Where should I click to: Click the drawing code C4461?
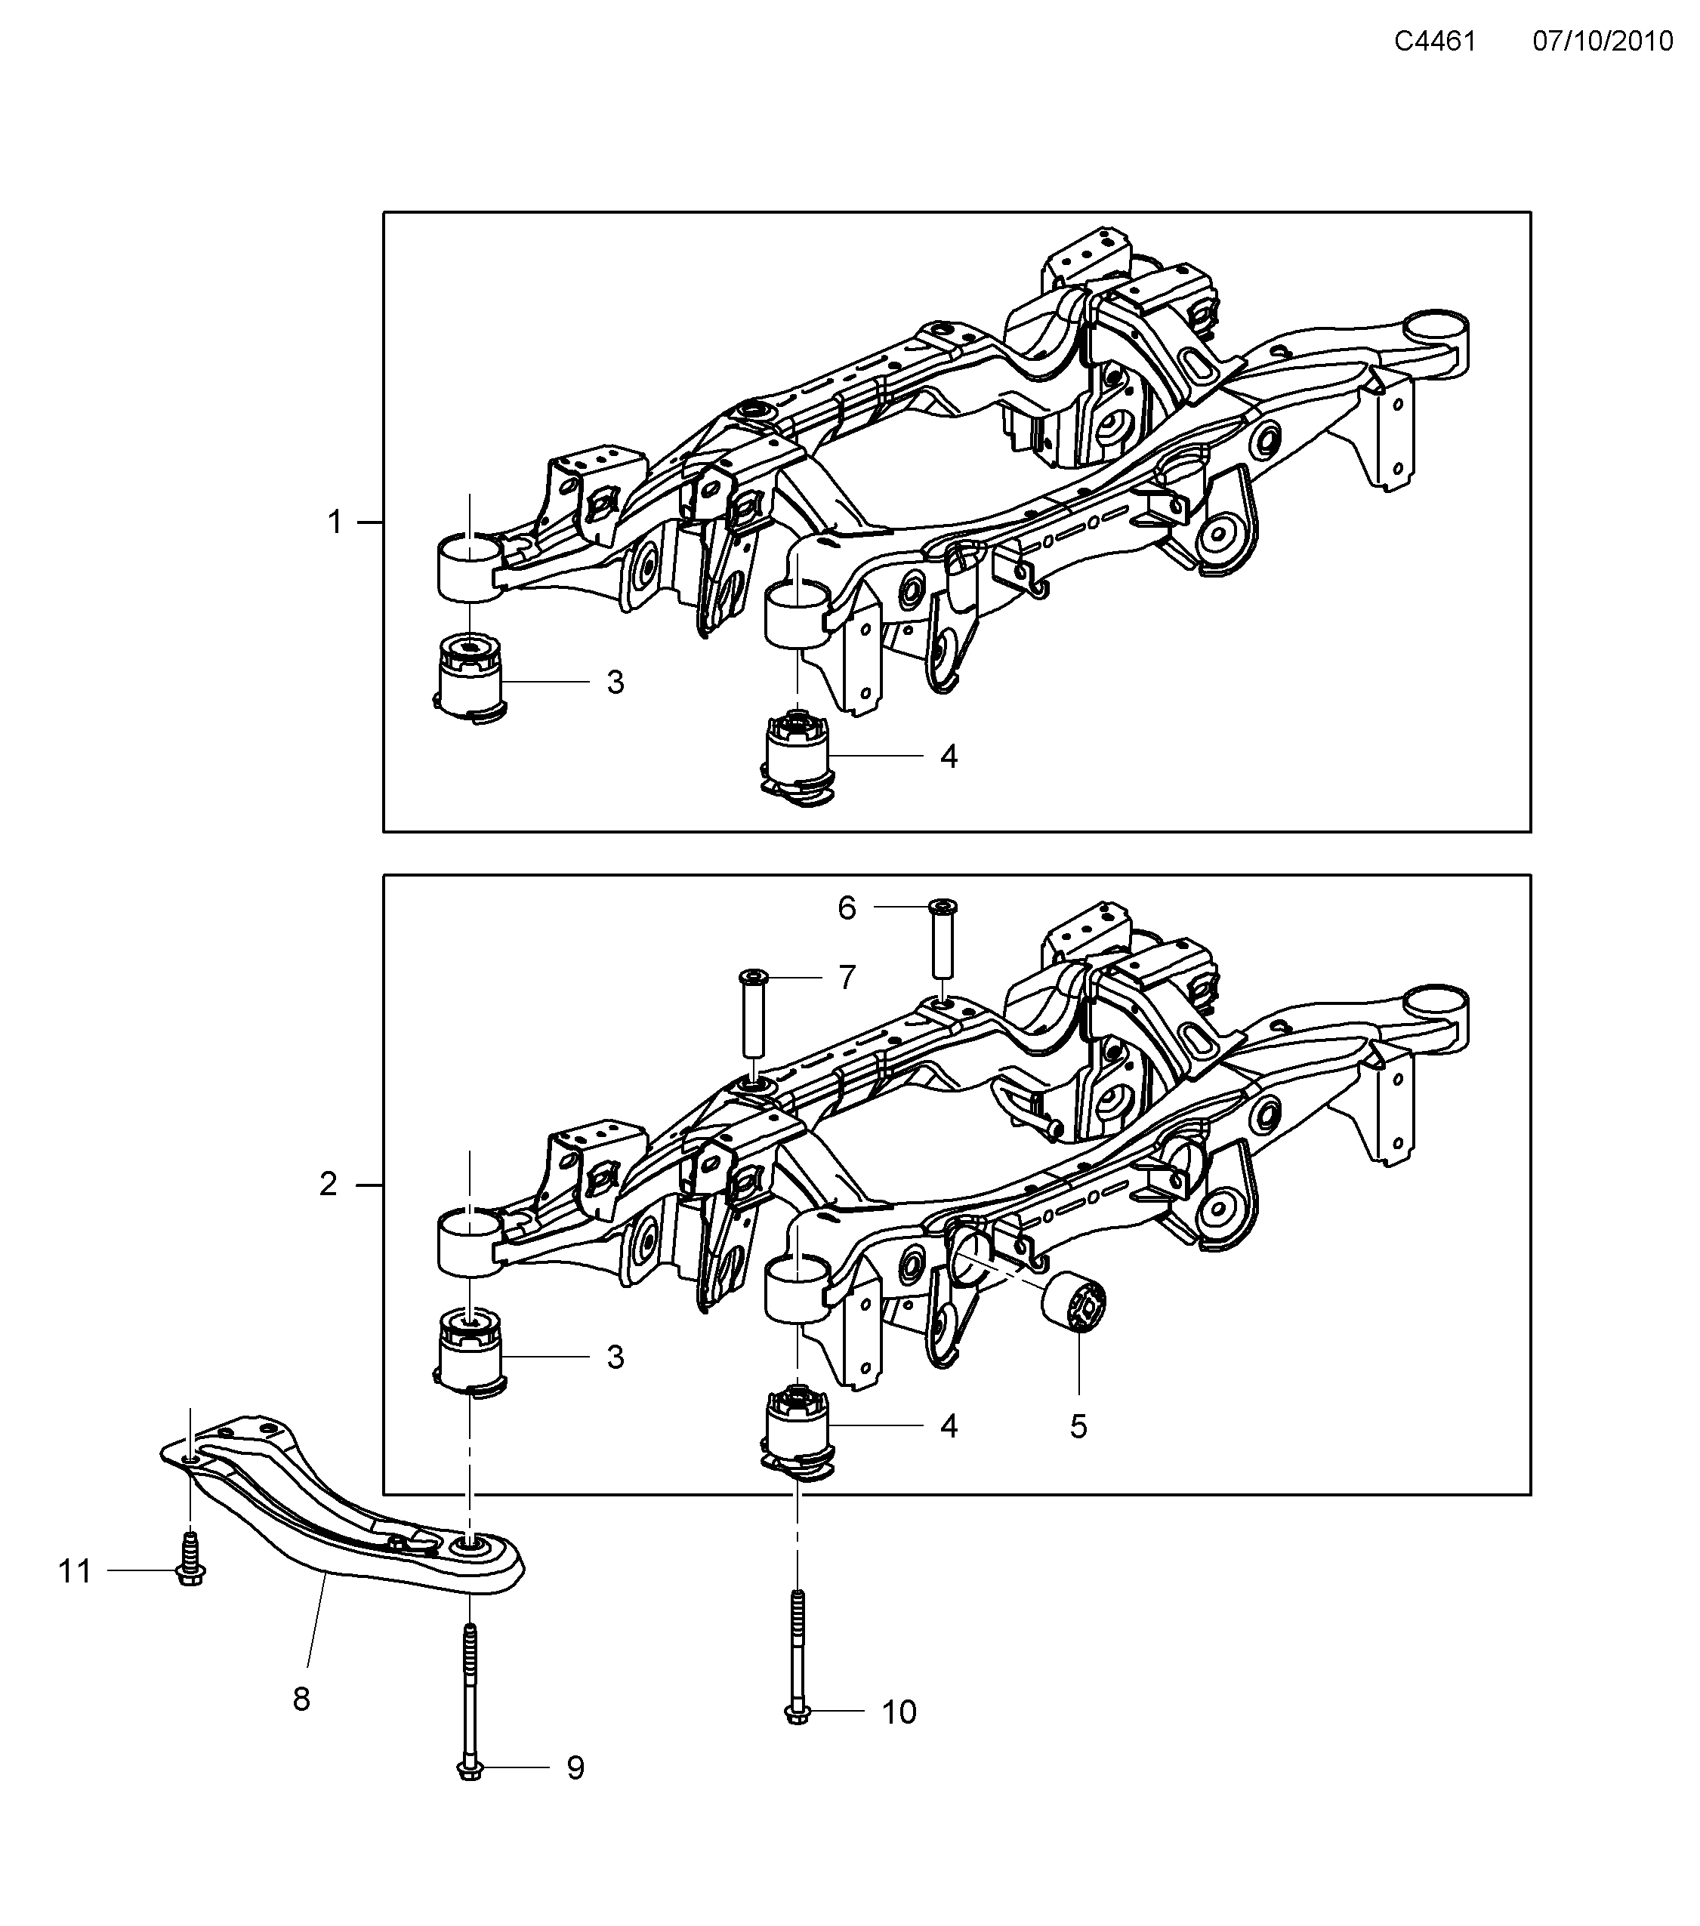[1434, 42]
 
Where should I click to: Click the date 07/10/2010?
[1602, 42]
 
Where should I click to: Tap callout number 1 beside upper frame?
[335, 521]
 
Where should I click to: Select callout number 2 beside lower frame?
[328, 1185]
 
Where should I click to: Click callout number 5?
[1079, 1427]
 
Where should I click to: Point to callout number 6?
[847, 908]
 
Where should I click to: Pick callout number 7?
[847, 978]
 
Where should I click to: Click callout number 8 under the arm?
[301, 1699]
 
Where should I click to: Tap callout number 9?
[575, 1767]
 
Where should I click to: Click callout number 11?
[76, 1570]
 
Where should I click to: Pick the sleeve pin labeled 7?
[754, 1013]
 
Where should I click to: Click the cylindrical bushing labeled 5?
[1074, 1303]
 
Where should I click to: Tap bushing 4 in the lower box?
[798, 1431]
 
